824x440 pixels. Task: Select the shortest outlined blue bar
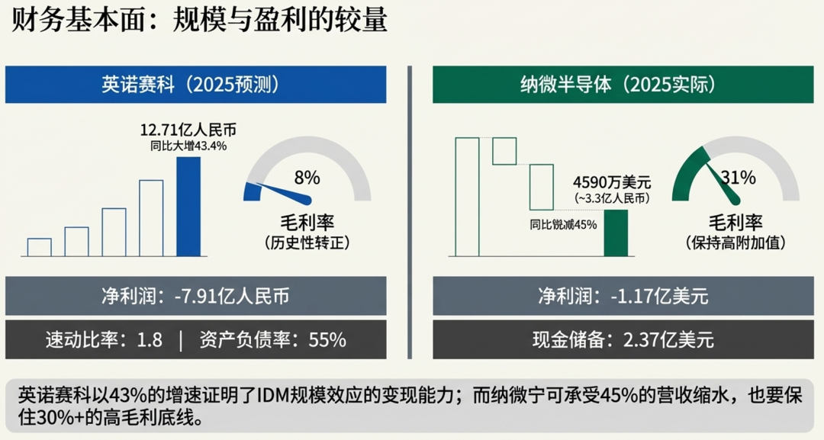click(40, 247)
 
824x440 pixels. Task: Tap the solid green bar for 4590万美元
click(616, 233)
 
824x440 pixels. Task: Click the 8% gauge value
click(307, 178)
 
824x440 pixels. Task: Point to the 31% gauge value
click(738, 178)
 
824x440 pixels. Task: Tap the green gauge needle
click(722, 183)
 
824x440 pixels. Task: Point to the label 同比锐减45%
click(563, 225)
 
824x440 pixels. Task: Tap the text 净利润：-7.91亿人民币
click(195, 296)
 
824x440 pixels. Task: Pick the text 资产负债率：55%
click(272, 339)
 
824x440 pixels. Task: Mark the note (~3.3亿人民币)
click(611, 198)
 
